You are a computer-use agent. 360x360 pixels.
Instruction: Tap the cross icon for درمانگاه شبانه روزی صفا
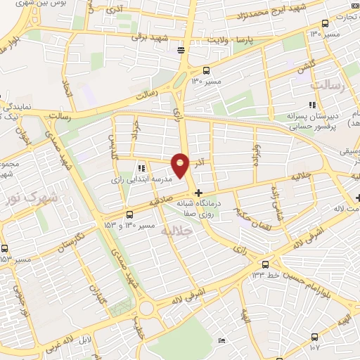pos(199,192)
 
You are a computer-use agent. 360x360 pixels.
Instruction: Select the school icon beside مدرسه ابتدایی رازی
pos(141,167)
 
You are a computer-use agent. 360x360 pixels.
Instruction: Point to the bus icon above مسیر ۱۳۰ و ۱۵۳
pos(129,214)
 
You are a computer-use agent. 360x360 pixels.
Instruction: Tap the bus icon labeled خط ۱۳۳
pos(264,264)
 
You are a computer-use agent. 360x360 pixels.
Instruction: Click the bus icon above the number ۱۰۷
pos(314,337)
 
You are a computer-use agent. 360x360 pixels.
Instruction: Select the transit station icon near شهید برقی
pos(181,49)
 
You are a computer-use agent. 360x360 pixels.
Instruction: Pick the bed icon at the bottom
pos(221,341)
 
